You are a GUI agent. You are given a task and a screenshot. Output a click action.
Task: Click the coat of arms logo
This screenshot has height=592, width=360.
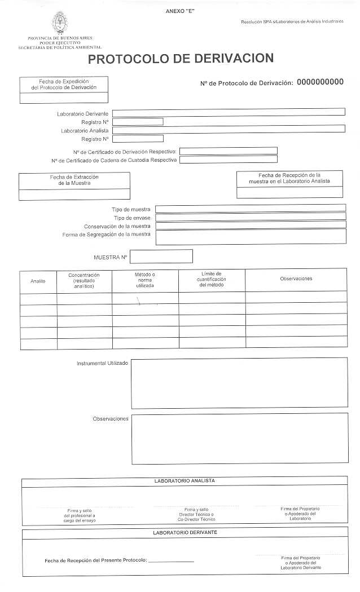pyautogui.click(x=59, y=23)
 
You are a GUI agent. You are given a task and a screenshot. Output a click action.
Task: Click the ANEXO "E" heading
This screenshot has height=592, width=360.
pyautogui.click(x=180, y=11)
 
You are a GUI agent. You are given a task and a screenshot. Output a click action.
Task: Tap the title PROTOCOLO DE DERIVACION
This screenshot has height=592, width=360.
pyautogui.click(x=181, y=59)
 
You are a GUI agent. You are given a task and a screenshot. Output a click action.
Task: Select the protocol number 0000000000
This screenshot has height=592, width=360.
pyautogui.click(x=320, y=82)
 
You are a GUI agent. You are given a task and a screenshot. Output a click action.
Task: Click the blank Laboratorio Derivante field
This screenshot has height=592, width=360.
pyautogui.click(x=229, y=112)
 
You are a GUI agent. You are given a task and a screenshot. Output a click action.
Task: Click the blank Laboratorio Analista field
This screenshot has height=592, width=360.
pyautogui.click(x=229, y=129)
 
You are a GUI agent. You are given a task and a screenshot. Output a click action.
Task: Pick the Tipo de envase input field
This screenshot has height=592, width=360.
pyautogui.click(x=251, y=217)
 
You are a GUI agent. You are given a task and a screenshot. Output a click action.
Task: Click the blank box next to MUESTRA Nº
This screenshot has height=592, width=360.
pyautogui.click(x=161, y=257)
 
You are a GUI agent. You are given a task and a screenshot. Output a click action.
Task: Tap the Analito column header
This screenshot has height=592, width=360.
pyautogui.click(x=38, y=281)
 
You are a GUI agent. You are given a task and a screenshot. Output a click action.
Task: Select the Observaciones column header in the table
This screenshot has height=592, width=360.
pyautogui.click(x=296, y=279)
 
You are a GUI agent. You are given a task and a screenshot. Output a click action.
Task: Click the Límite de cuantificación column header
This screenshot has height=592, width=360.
pyautogui.click(x=212, y=279)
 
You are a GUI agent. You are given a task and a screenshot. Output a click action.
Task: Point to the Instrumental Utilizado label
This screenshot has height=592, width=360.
pyautogui.click(x=102, y=363)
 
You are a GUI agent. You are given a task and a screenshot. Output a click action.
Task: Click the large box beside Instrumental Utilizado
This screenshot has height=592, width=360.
pyautogui.click(x=239, y=382)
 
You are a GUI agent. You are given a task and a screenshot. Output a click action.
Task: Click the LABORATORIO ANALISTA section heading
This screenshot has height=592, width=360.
pyautogui.click(x=185, y=481)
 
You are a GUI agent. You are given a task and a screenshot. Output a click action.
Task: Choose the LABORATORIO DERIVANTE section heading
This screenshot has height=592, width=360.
pyautogui.click(x=185, y=532)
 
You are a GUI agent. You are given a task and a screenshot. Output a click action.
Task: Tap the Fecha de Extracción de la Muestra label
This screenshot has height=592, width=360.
pyautogui.click(x=74, y=180)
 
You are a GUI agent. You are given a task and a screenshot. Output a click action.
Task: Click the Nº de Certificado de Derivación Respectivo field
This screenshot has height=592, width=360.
pyautogui.click(x=229, y=151)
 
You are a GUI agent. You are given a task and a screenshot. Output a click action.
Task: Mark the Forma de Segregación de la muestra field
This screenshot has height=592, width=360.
pyautogui.click(x=251, y=237)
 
